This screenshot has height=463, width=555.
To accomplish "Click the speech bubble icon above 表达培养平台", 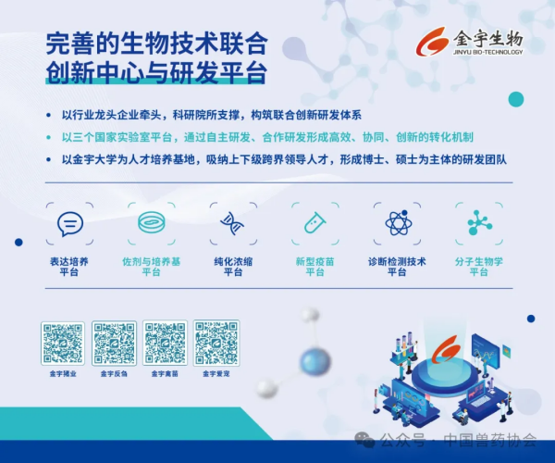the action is pyautogui.click(x=70, y=223).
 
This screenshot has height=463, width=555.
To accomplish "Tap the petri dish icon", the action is pyautogui.click(x=152, y=222).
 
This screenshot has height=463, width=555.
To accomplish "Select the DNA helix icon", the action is pyautogui.click(x=232, y=223).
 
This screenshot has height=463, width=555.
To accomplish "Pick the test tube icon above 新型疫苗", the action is pyautogui.click(x=314, y=223).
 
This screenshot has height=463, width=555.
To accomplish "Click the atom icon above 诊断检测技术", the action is pyautogui.click(x=398, y=223).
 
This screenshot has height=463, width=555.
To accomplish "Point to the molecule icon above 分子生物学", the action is pyautogui.click(x=479, y=223).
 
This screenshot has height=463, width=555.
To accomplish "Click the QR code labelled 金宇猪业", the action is pyautogui.click(x=63, y=344).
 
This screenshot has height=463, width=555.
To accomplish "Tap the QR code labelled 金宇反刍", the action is pyautogui.click(x=114, y=344).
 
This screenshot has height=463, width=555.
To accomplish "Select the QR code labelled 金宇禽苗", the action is pyautogui.click(x=165, y=343).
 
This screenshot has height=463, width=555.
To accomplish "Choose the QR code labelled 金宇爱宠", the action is pyautogui.click(x=216, y=343).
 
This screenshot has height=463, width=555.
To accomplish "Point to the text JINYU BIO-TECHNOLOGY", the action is pyautogui.click(x=487, y=52).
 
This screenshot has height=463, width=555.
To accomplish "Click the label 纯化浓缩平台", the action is pyautogui.click(x=233, y=267).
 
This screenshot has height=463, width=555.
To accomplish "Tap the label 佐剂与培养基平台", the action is pyautogui.click(x=152, y=267).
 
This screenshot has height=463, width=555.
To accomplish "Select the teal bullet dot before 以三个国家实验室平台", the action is pyautogui.click(x=48, y=137).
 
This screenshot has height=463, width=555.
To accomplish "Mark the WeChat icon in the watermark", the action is pyautogui.click(x=364, y=439).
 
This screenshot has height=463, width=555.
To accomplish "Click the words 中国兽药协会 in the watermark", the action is pyautogui.click(x=490, y=440).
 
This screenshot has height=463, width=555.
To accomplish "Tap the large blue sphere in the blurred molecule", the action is pyautogui.click(x=315, y=361).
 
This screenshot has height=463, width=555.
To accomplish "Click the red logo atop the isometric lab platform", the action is pyautogui.click(x=448, y=350).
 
